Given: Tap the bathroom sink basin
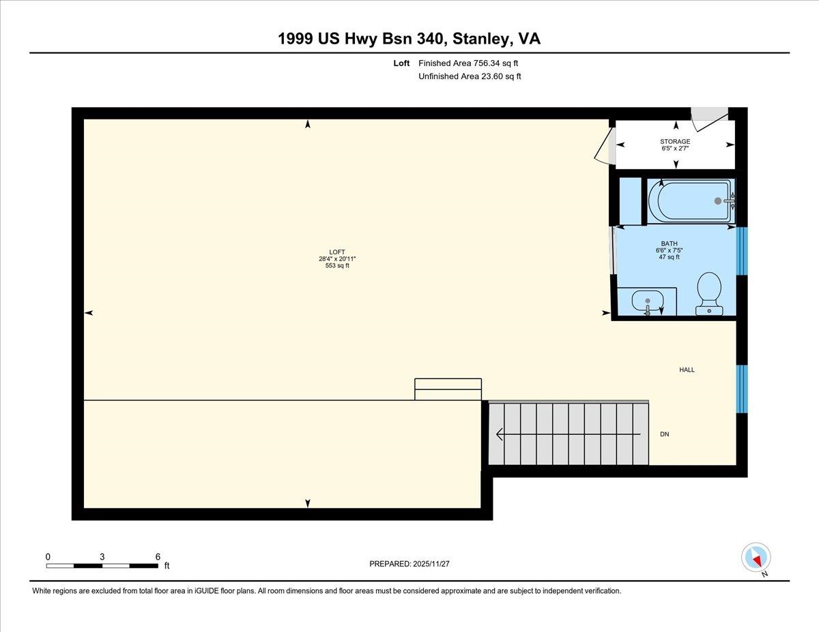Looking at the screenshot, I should (646, 301).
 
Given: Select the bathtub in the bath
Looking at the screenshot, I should (690, 200).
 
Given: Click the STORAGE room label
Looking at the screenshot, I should (675, 142).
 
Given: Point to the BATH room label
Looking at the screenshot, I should (669, 243).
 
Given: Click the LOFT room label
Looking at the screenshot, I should (337, 252).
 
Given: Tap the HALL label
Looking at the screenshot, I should (687, 370).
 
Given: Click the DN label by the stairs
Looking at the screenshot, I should (664, 434).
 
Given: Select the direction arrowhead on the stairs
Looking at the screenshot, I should (500, 434).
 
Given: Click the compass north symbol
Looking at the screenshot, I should (756, 558).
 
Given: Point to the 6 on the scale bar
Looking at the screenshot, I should (158, 556).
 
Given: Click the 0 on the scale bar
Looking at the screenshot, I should (48, 556).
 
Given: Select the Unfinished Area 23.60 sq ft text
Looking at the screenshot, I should (470, 76).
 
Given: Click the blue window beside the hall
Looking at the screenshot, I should (742, 389).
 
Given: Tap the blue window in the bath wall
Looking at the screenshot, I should (742, 250).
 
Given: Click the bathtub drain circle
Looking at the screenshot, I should (717, 200).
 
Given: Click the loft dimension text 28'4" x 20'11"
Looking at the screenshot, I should (337, 259).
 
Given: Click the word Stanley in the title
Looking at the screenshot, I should (480, 40).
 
